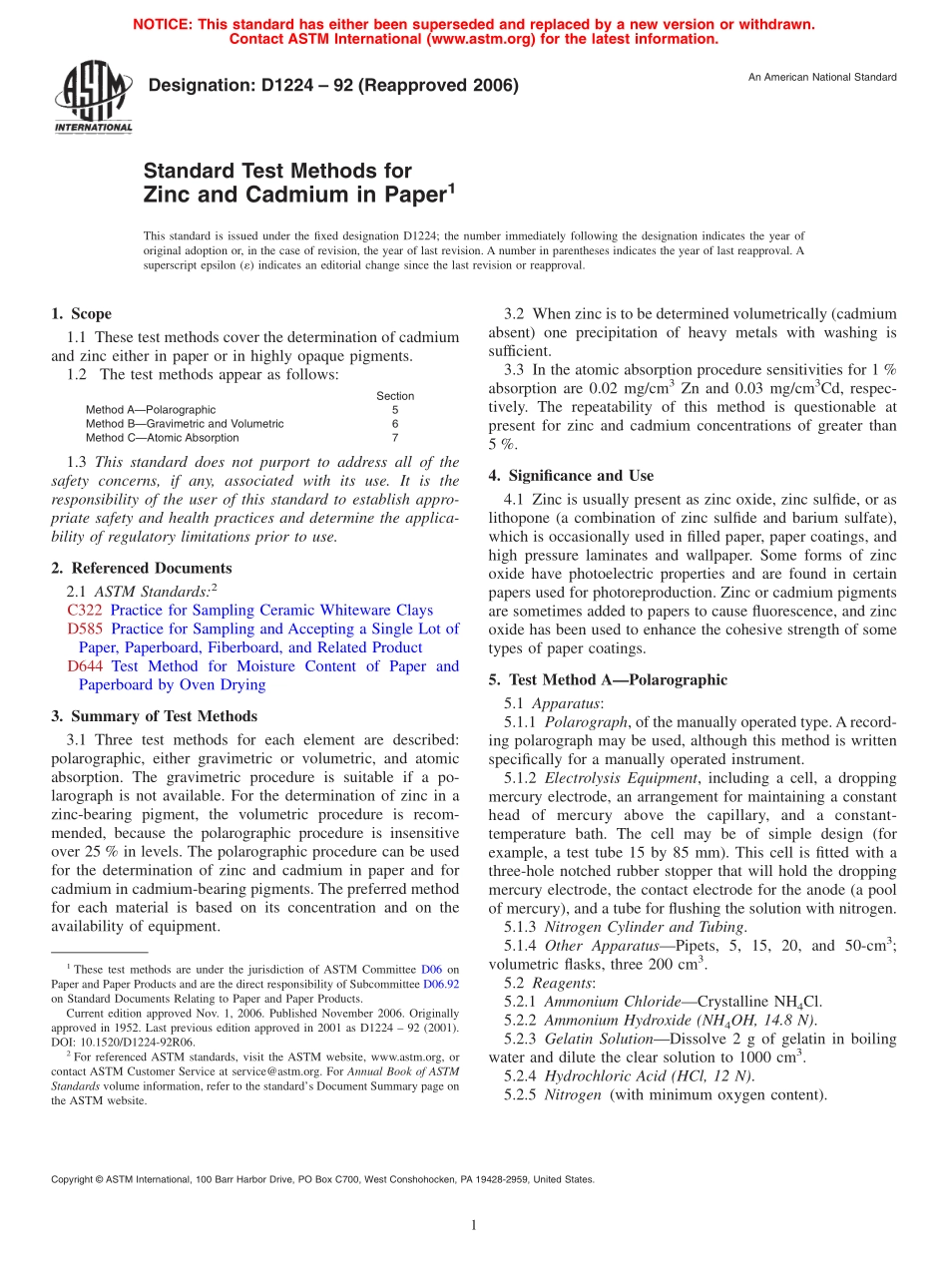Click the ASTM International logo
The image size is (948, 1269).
point(92,98)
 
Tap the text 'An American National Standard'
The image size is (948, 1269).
point(822,77)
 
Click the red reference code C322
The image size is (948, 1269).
point(85,610)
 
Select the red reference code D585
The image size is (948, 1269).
point(85,629)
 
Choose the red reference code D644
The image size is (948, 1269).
point(85,666)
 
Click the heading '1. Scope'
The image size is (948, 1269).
point(82,313)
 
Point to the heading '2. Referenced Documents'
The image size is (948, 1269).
point(141,568)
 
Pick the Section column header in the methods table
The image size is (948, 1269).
point(395,396)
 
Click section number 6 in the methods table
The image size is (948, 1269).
point(395,424)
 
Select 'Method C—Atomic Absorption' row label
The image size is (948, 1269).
point(162,438)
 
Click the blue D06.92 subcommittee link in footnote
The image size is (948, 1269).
point(442,983)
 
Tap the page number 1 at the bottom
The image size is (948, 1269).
point(474,1225)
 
